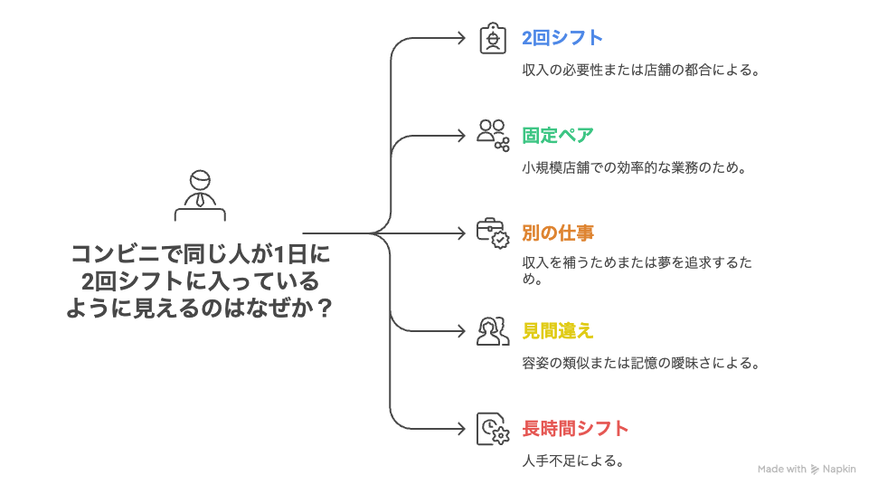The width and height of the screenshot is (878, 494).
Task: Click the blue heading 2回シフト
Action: coord(562,39)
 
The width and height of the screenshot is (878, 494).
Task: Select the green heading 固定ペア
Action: coord(558,136)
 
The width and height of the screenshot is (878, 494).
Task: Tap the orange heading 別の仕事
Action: coord(558,233)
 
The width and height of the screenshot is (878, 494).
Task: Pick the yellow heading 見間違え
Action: coord(558,330)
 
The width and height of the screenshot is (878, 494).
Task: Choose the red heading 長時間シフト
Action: coord(575,428)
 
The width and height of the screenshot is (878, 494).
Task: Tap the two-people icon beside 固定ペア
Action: coord(493,135)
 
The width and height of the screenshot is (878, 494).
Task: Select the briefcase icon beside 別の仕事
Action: coord(493,233)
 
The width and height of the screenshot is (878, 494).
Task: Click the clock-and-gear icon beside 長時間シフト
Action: coord(493,428)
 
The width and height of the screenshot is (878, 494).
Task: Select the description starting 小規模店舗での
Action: coord(633,167)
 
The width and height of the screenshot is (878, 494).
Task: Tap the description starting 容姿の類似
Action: coord(639,363)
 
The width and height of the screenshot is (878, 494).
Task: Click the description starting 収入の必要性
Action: coord(639,70)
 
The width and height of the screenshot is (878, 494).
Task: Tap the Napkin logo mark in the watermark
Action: coord(816,470)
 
